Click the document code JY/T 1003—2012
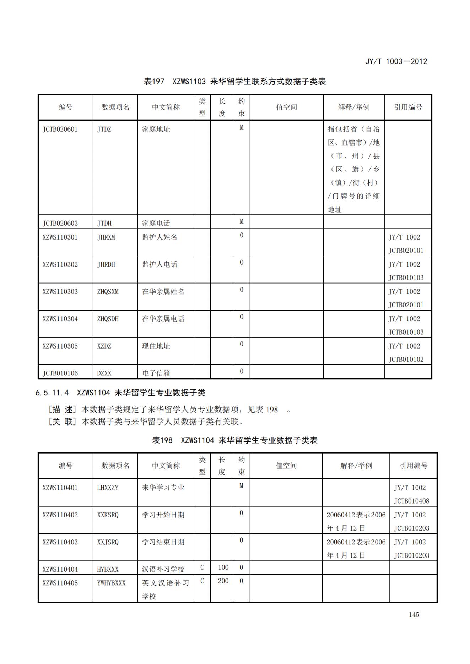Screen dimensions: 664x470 tap(396, 61)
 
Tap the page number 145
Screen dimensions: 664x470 tap(414, 614)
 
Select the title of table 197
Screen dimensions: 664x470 tap(234, 82)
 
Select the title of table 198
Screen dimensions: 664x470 tap(234, 440)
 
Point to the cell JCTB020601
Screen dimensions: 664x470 tap(60, 129)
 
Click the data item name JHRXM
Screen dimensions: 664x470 tap(106, 237)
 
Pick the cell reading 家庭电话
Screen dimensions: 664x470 tap(156, 223)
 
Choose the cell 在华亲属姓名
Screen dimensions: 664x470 tap(163, 291)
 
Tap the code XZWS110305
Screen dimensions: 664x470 tap(60, 346)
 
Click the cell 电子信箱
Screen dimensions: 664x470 tap(156, 373)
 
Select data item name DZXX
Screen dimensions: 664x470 tap(104, 373)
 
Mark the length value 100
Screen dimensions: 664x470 tap(223, 567)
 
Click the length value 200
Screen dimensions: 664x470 tap(223, 581)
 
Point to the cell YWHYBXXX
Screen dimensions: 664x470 tap(111, 583)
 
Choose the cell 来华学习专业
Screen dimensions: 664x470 tap(163, 488)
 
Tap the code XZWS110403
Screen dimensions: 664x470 tap(60, 542)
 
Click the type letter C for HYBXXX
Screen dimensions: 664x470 tap(202, 567)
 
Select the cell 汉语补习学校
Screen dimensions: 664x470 tap(163, 569)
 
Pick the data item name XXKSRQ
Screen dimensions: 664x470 tap(108, 515)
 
